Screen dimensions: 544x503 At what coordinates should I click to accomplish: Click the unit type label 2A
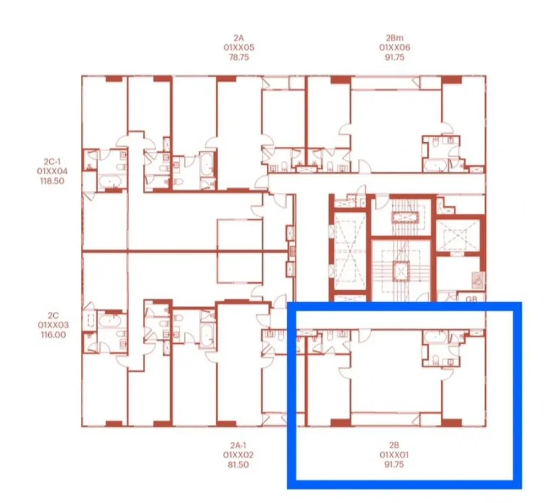tap(239, 38)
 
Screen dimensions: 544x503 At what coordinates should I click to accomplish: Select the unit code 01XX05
tap(239, 48)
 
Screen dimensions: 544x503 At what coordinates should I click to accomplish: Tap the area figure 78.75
tap(239, 57)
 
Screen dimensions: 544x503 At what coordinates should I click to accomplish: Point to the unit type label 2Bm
tap(395, 38)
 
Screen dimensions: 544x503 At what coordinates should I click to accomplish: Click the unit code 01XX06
tap(395, 48)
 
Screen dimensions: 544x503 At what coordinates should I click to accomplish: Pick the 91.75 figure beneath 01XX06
tap(395, 57)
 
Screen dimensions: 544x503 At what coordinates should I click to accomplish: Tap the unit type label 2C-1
tap(52, 161)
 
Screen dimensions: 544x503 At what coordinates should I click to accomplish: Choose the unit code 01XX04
tap(52, 171)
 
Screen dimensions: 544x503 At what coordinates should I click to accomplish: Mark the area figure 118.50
tap(52, 181)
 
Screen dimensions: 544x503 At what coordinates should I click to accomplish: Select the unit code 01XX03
tap(53, 325)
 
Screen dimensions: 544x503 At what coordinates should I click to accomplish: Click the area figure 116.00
tap(53, 335)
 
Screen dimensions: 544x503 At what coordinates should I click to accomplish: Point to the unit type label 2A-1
tap(238, 445)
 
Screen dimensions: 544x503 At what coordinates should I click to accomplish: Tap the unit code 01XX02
tap(238, 455)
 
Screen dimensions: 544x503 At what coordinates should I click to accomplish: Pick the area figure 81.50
tap(238, 464)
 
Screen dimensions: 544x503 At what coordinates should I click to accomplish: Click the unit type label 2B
tap(394, 445)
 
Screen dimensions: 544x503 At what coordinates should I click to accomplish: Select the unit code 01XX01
tap(394, 455)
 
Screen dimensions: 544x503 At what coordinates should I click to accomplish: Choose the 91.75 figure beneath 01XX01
tap(394, 464)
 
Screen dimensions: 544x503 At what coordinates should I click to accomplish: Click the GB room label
tap(471, 299)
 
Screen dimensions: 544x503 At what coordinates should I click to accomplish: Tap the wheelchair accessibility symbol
tap(478, 280)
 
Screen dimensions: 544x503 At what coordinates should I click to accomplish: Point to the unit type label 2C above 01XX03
tap(53, 316)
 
